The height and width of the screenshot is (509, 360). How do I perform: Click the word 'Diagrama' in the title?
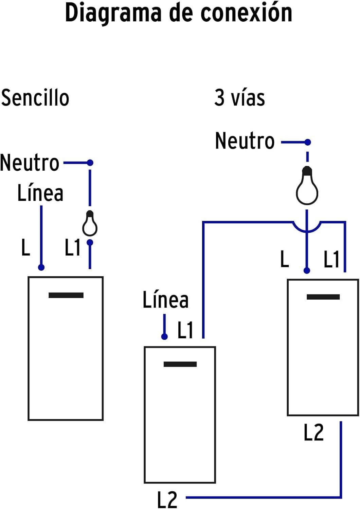coord(113,13)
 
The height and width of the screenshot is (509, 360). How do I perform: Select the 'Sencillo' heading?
coord(35,98)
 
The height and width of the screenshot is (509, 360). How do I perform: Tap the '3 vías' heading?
coord(239,98)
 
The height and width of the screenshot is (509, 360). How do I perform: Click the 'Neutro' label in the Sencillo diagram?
coord(30,163)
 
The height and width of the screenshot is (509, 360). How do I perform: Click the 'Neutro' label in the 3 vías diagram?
coord(245,141)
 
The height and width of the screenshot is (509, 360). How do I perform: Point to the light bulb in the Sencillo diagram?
coord(90,224)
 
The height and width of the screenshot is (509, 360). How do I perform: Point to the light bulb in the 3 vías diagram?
coord(307,186)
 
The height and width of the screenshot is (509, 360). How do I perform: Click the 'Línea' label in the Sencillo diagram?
coord(40,193)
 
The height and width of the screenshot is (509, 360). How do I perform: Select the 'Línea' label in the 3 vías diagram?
coord(165,300)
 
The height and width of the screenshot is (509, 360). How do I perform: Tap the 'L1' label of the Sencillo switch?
coord(72,247)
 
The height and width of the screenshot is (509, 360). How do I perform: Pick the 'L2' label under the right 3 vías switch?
coord(313,433)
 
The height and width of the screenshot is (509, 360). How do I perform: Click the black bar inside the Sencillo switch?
coord(66,295)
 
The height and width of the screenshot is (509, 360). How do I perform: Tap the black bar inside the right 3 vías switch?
coord(323,297)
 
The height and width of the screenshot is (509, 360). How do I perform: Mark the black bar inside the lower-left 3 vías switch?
coord(180,364)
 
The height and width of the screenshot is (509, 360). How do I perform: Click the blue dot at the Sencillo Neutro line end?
coord(90,163)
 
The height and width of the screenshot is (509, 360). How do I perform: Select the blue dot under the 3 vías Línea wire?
coord(164,337)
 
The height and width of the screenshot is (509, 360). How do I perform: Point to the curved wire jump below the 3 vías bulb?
coord(307,228)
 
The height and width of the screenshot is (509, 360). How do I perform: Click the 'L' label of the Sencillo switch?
coord(26,247)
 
